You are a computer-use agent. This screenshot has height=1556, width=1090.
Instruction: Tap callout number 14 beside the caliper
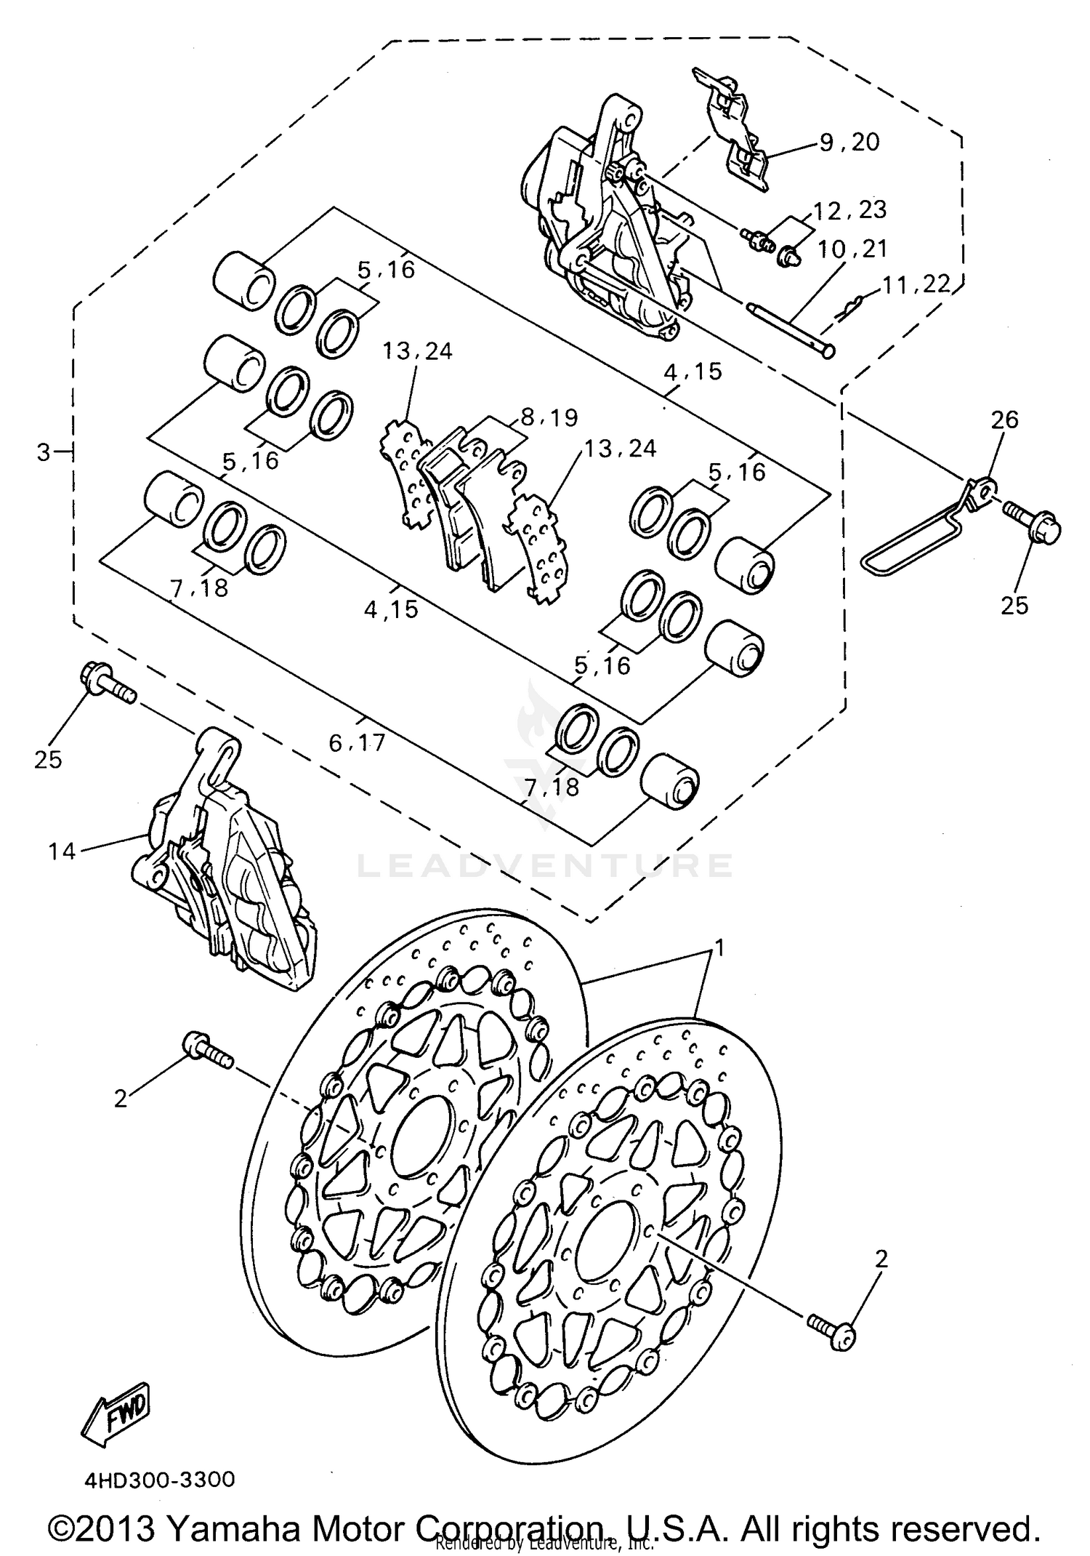pyautogui.click(x=62, y=850)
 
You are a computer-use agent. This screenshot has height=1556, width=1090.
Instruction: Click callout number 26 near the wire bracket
pyautogui.click(x=1005, y=420)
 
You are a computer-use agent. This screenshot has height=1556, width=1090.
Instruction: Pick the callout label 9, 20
pyautogui.click(x=849, y=143)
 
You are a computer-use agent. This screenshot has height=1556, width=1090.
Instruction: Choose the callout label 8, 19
pyautogui.click(x=549, y=417)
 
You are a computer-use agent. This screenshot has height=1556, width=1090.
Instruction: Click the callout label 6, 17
pyautogui.click(x=356, y=742)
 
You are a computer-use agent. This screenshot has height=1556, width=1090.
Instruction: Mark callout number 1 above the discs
pyautogui.click(x=719, y=947)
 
